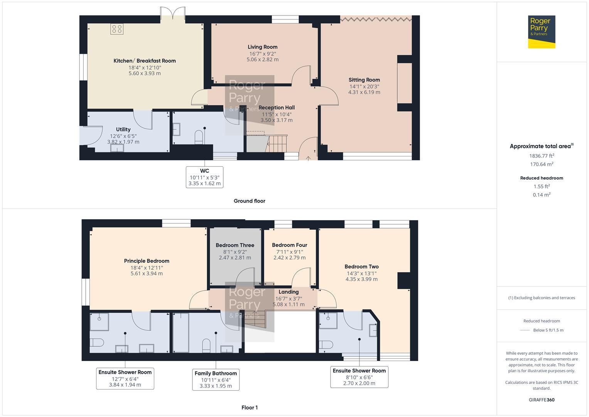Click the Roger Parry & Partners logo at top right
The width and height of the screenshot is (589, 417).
(x=541, y=32)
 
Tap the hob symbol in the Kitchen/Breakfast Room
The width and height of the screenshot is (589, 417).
(x=117, y=29)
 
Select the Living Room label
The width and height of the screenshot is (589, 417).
(x=262, y=47)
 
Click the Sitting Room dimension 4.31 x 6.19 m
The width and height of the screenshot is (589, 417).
(x=364, y=92)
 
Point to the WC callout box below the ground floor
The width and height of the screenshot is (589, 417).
(x=204, y=177)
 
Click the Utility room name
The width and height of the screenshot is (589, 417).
(x=123, y=129)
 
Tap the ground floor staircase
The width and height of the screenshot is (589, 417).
(x=277, y=144)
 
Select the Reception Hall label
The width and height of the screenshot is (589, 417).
(x=276, y=108)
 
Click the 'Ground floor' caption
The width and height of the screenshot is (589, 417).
(x=249, y=201)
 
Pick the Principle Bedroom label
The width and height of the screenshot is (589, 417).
(x=147, y=261)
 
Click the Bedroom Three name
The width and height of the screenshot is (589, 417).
(x=235, y=245)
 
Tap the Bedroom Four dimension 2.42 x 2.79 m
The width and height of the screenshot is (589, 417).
(x=289, y=258)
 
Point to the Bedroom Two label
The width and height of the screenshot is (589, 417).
(x=361, y=266)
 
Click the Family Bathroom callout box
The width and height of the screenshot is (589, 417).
(x=216, y=380)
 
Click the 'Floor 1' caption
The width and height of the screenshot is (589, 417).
(x=249, y=407)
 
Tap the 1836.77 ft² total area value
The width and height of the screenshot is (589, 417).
(x=542, y=156)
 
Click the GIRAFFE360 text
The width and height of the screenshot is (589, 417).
(x=542, y=400)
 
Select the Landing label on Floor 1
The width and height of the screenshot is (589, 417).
(x=289, y=292)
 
